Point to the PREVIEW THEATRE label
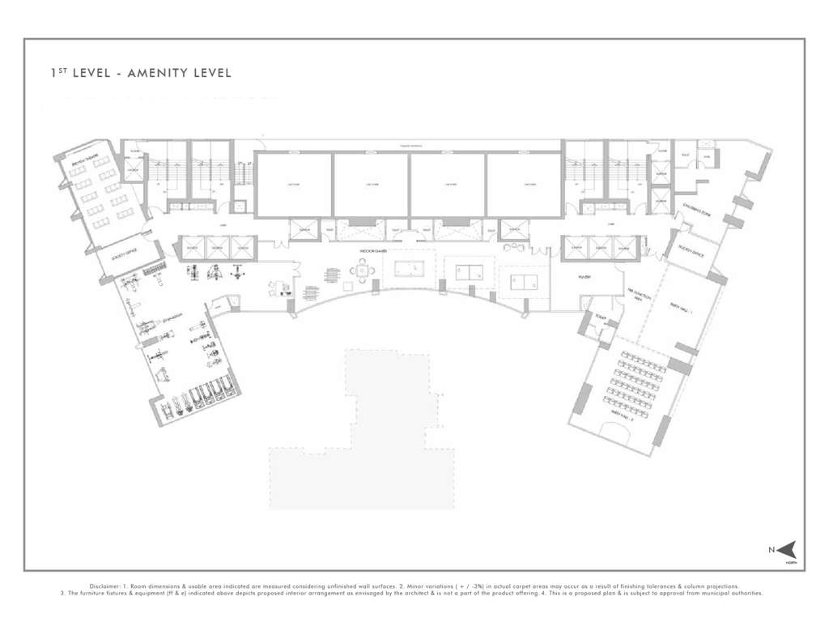(x=84, y=147)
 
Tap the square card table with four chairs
(x=364, y=272)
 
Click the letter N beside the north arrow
(x=771, y=550)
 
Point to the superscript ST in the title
(x=59, y=70)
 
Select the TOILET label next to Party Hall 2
(x=601, y=316)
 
